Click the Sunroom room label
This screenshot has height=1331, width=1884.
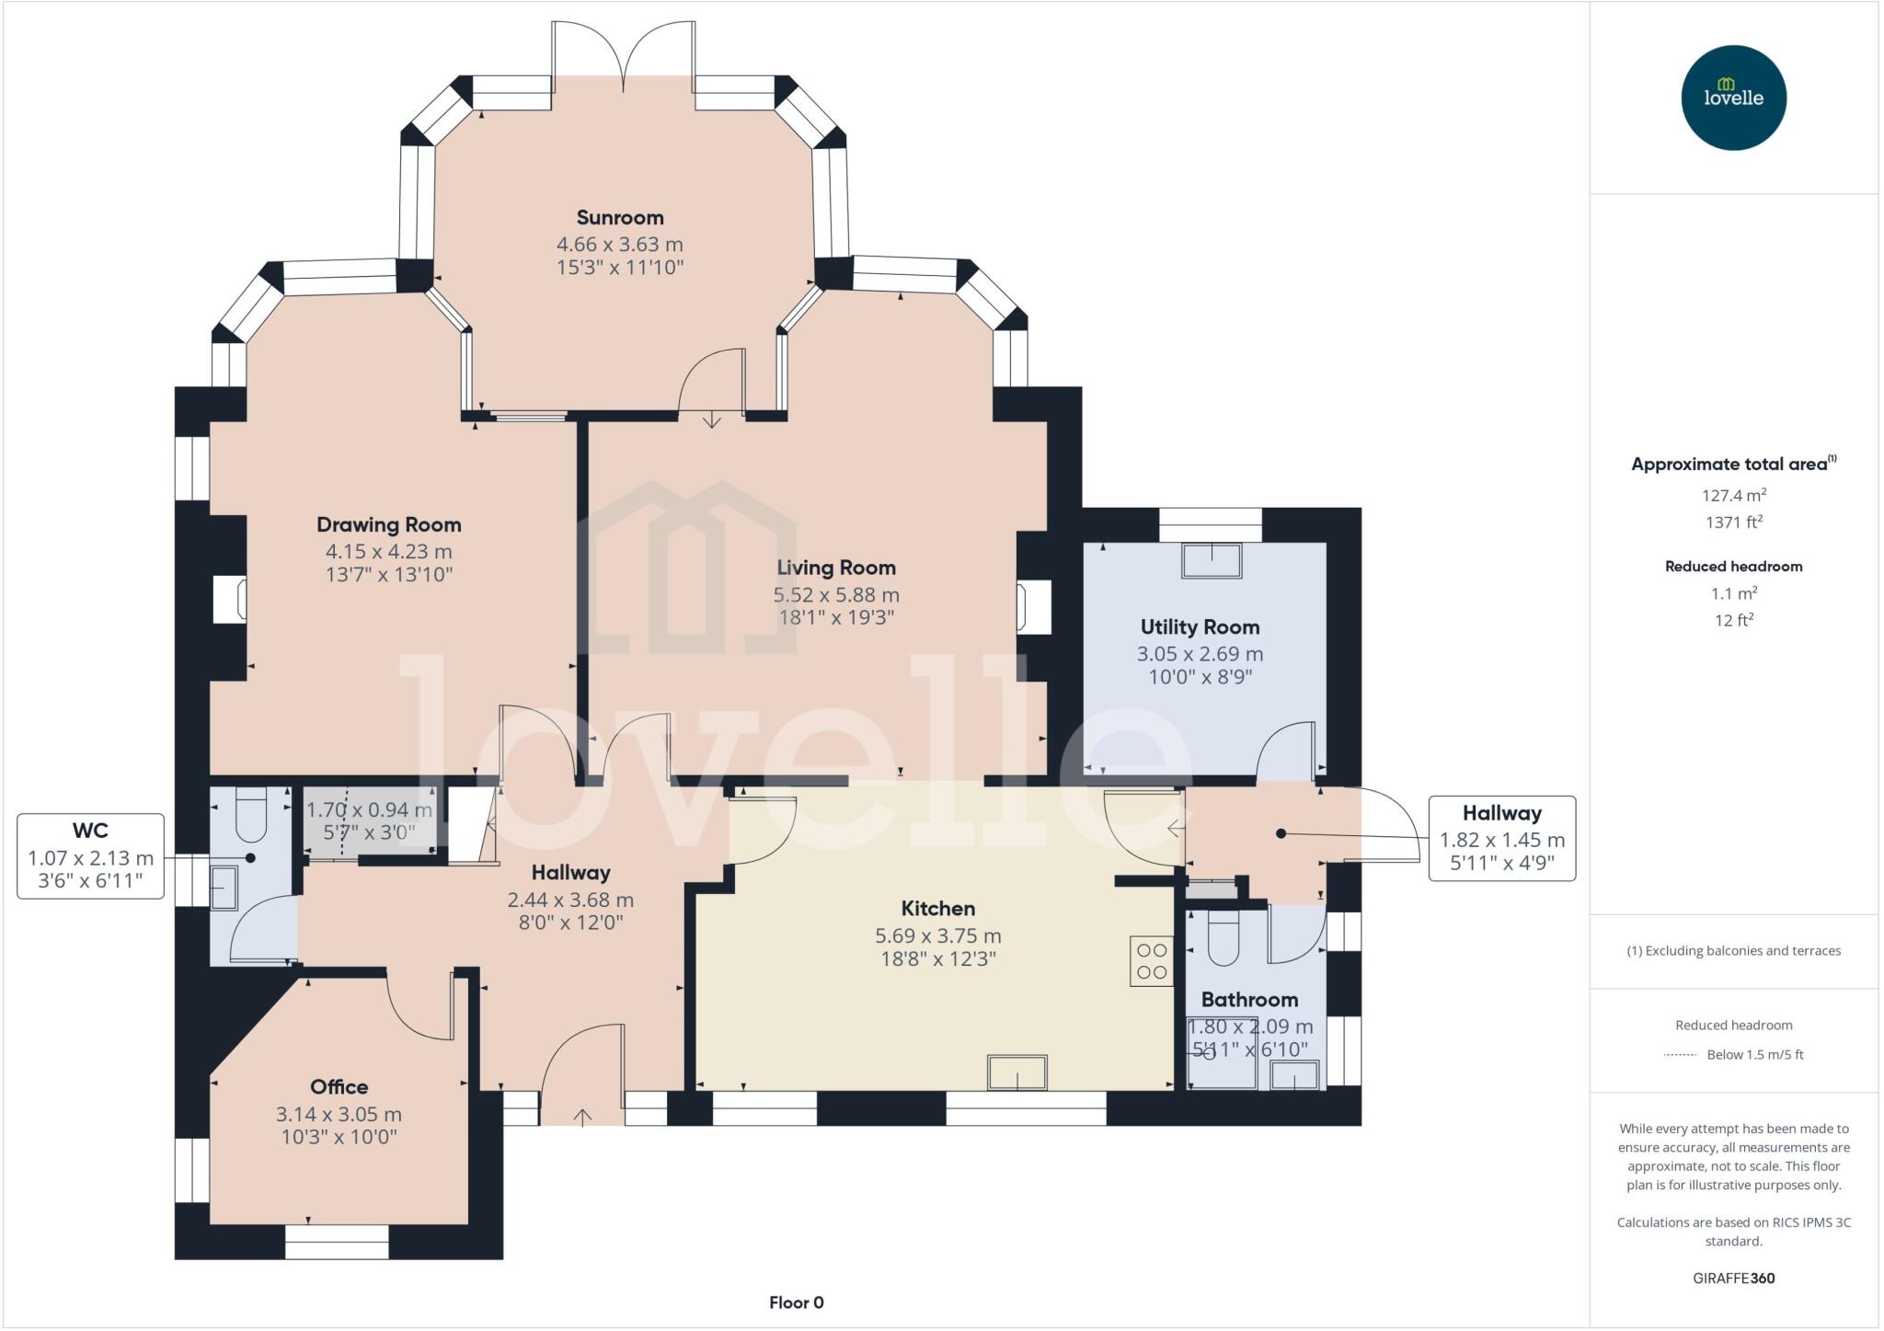coord(619,218)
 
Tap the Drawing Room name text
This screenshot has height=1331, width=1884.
coord(388,525)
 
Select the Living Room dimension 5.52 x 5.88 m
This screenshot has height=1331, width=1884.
coord(835,595)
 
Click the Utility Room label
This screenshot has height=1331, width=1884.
coord(1200,627)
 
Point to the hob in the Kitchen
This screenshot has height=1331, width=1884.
coord(1151,961)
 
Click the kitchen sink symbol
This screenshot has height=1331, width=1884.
coord(1017,1073)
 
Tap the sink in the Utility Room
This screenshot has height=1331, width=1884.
coord(1212,560)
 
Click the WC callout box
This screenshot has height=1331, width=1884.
coord(90,856)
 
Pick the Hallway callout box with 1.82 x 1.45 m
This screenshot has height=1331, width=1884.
coord(1501,839)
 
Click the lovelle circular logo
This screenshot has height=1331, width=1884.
coord(1733,98)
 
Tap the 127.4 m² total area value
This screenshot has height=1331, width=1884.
coord(1733,496)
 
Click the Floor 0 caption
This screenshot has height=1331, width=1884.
coord(796,1302)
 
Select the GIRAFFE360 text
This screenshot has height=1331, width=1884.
coord(1733,1279)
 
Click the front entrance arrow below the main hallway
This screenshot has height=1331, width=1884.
coord(582,1117)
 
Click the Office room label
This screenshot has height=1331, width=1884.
coord(339,1087)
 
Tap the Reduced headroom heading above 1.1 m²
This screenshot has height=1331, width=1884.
coord(1733,567)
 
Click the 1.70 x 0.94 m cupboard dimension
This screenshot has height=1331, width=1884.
coord(368,810)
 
